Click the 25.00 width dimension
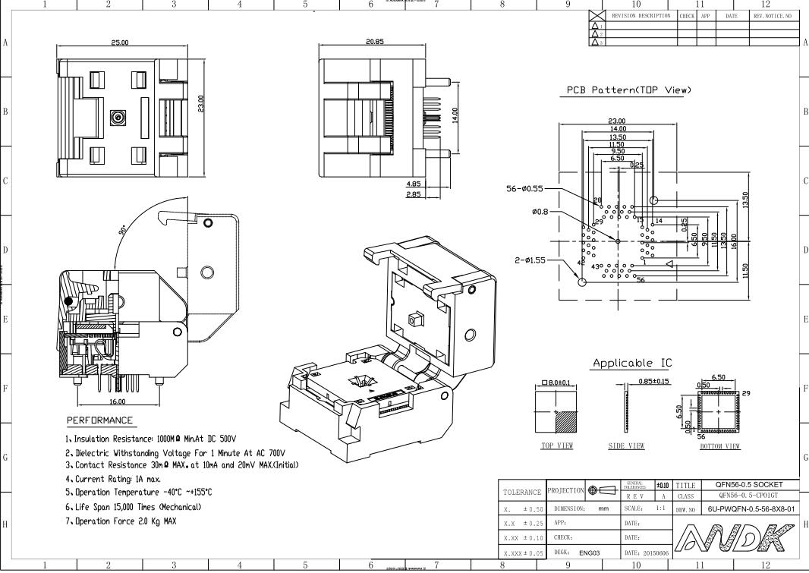click(120, 43)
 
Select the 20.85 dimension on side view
click(374, 43)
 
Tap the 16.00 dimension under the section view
click(117, 402)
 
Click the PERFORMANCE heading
click(99, 420)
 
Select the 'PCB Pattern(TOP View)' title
click(629, 90)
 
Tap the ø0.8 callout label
click(543, 212)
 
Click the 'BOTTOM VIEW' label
click(719, 446)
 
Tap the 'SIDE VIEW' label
click(626, 446)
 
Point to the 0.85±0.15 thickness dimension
click(654, 381)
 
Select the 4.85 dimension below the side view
click(414, 184)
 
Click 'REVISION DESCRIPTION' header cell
click(641, 15)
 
